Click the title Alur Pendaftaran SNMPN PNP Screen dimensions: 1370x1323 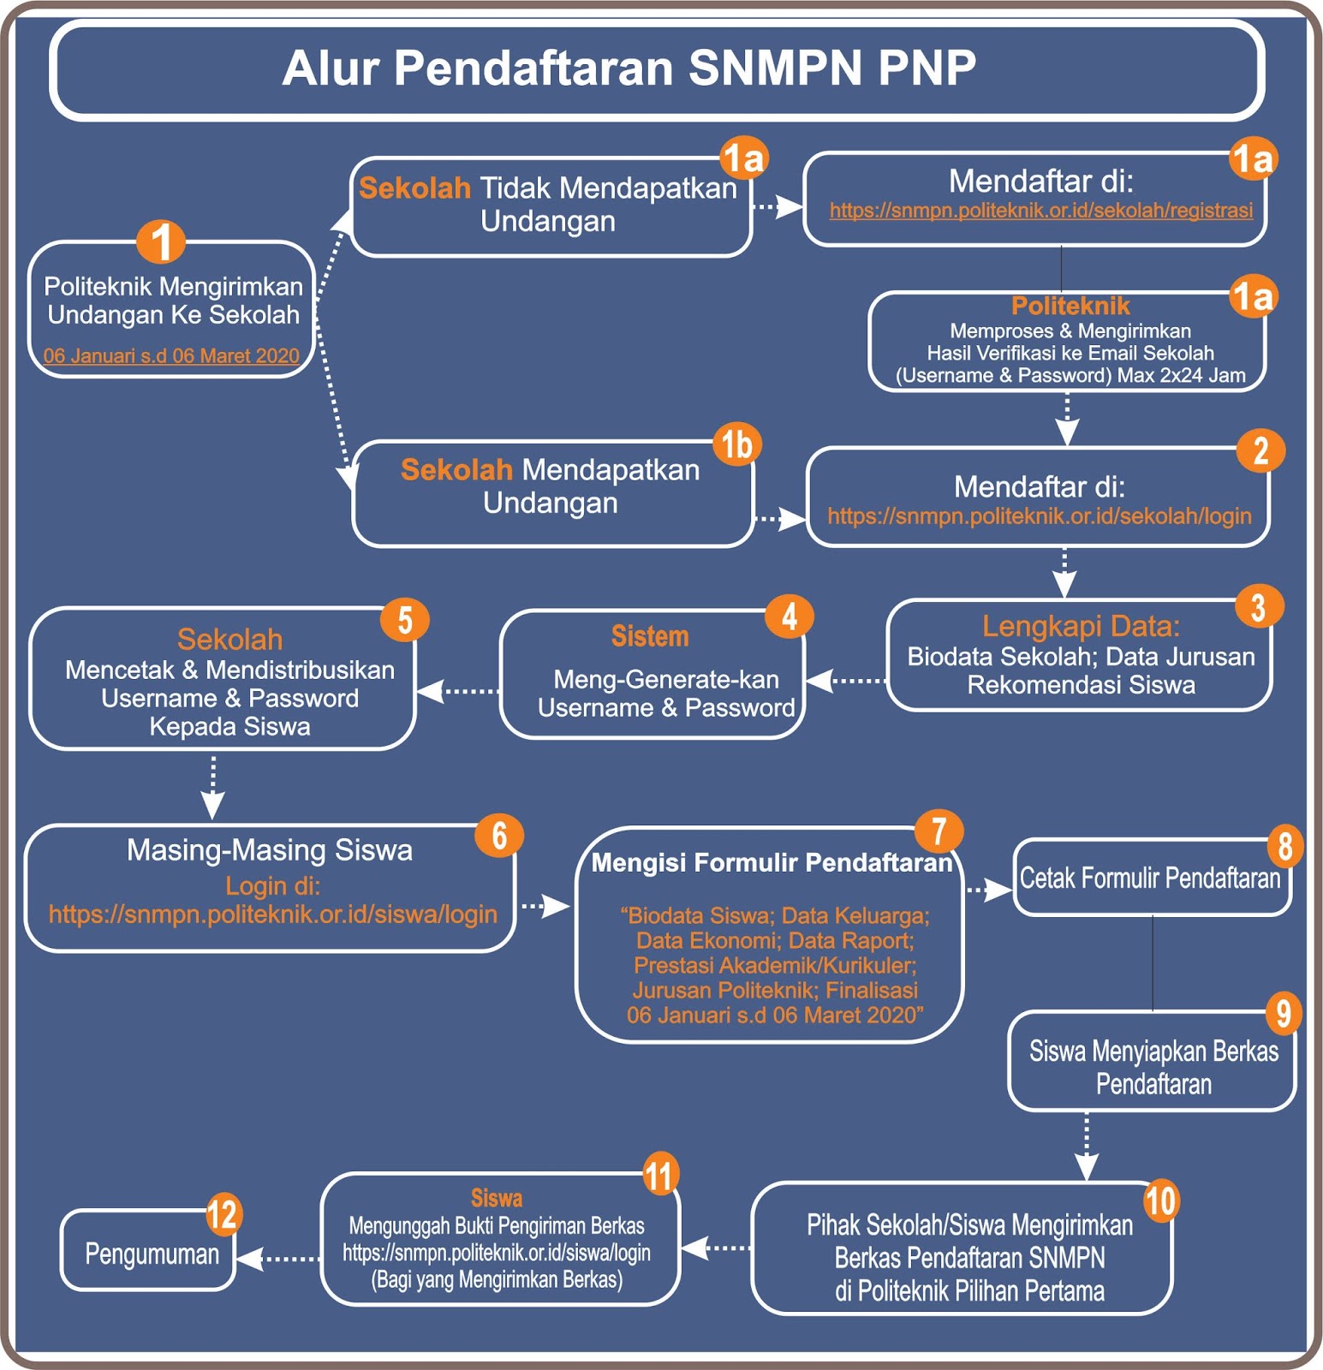pos(629,68)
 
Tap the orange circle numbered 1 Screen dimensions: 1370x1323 pos(161,241)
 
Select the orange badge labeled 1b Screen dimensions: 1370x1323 pos(737,444)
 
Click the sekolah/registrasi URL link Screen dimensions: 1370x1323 pos(1040,211)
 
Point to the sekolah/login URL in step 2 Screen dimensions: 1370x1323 pos(1039,516)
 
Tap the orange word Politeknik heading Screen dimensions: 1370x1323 pos(1070,306)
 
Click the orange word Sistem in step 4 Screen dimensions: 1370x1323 pos(650,636)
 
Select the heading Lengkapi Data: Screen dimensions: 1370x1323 pos(1081,626)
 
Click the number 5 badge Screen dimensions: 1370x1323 pos(405,620)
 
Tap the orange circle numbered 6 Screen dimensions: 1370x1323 pos(499,836)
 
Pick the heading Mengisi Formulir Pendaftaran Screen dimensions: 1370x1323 pos(772,862)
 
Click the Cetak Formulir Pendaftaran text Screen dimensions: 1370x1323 pos(1150,879)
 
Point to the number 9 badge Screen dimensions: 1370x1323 pos(1284,1013)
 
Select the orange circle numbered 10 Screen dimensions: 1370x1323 pos(1161,1200)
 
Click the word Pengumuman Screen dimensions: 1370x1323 pos(152,1254)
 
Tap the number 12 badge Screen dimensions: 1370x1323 pos(223,1214)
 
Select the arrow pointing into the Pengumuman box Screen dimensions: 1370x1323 pos(277,1259)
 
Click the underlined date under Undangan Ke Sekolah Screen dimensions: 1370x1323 pos(171,356)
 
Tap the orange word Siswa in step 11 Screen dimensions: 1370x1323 pos(497,1198)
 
